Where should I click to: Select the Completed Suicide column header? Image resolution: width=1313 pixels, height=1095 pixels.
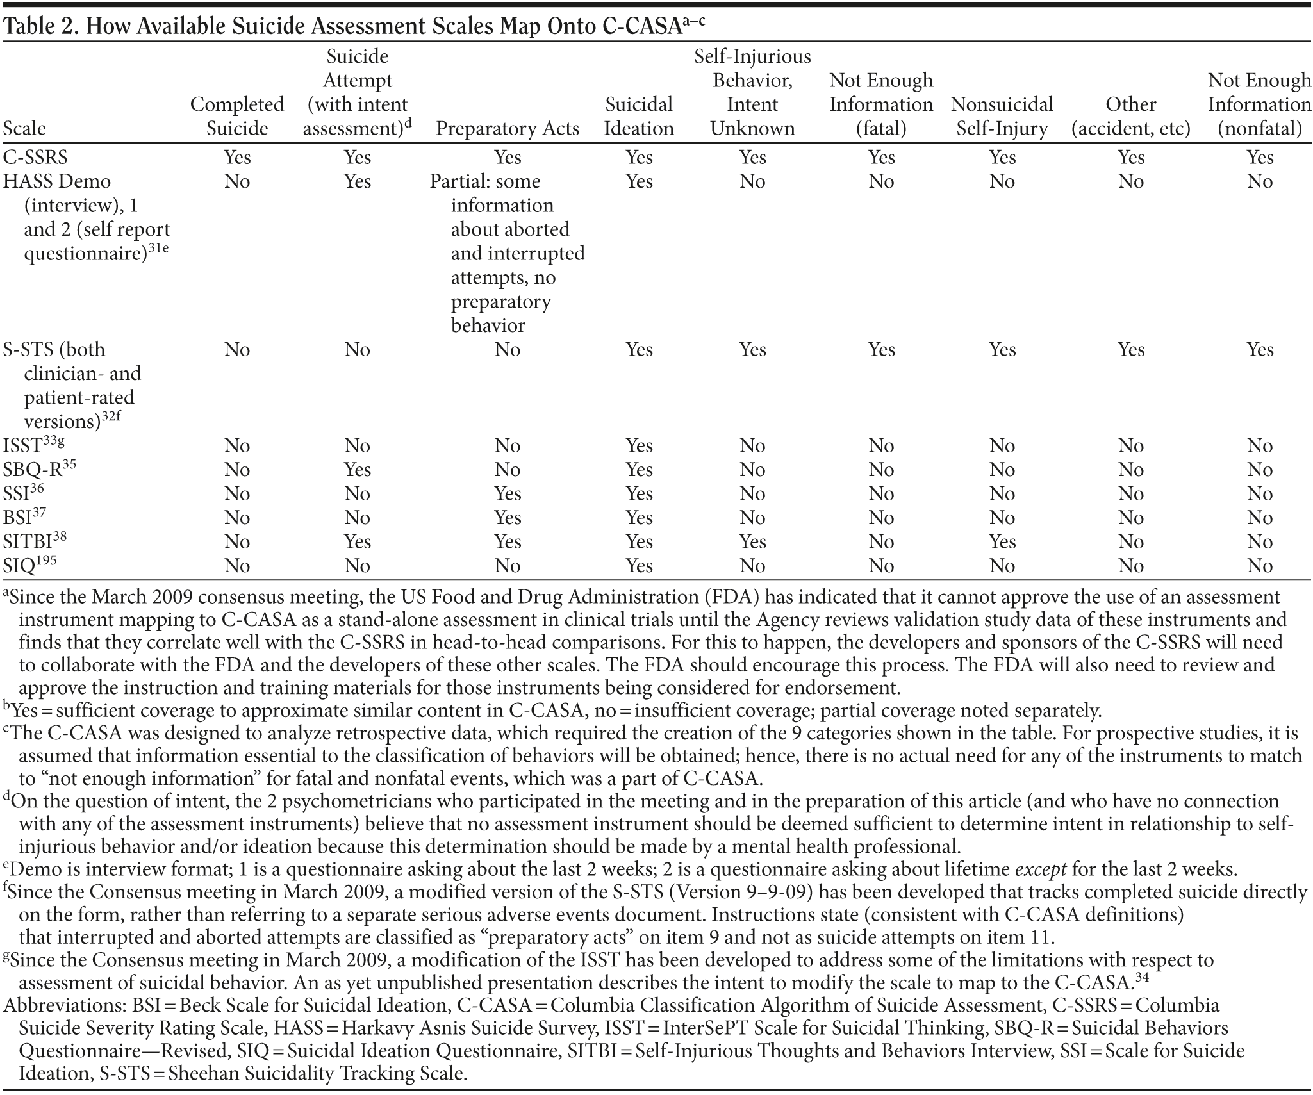pos(236,117)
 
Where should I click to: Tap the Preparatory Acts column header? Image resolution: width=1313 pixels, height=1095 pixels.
pos(508,129)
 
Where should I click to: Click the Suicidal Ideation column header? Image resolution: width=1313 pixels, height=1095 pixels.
pos(639,117)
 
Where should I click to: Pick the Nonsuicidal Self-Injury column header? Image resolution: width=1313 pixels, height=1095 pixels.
pos(1002,117)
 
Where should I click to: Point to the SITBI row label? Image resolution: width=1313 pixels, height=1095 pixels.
pos(29,542)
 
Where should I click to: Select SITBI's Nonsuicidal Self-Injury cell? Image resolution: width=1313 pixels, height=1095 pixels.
pos(1002,542)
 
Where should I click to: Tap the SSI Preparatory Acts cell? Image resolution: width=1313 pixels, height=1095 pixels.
pos(508,494)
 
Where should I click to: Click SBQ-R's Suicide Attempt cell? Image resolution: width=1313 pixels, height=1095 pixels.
pos(357,470)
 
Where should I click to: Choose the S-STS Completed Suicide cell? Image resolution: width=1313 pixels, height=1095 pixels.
pos(236,350)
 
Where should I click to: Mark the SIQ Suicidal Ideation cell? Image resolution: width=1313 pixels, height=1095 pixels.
pos(639,566)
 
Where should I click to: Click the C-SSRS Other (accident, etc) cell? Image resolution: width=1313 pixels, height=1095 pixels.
pos(1131,158)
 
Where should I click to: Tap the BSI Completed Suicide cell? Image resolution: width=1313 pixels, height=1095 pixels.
pos(236,518)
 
